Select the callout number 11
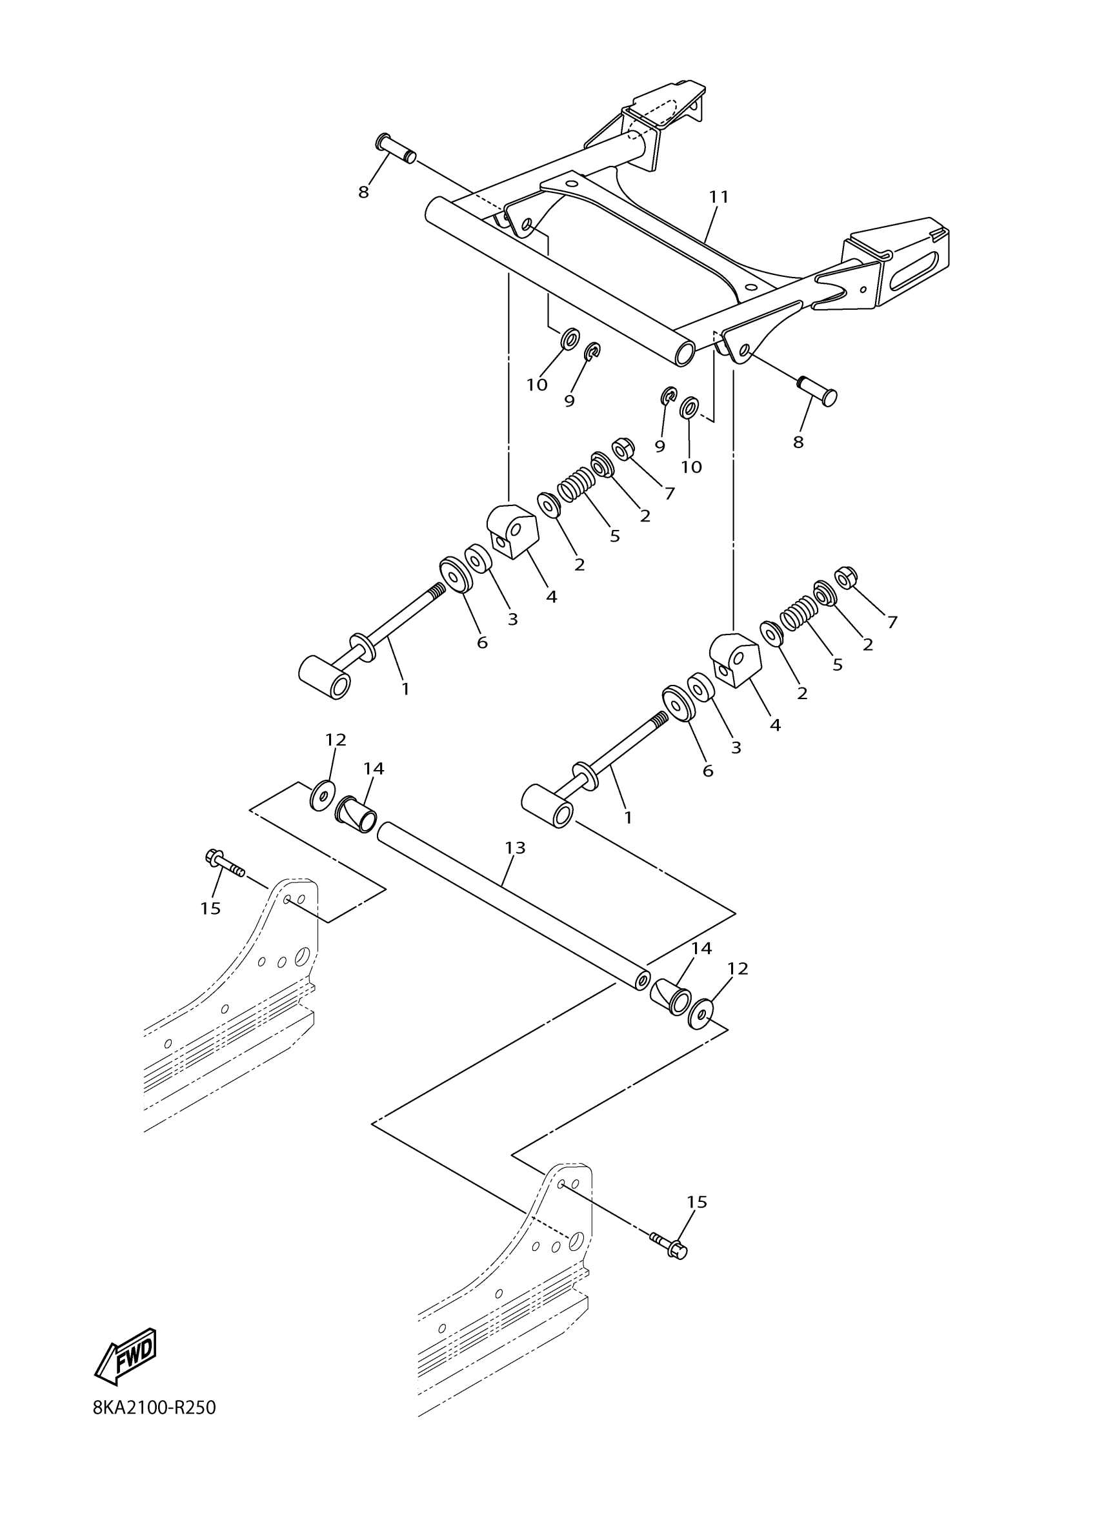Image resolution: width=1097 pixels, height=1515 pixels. [718, 197]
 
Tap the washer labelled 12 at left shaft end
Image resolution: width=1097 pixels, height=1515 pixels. [323, 795]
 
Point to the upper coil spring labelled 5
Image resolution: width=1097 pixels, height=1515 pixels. [575, 483]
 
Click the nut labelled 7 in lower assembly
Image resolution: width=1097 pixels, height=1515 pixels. [846, 578]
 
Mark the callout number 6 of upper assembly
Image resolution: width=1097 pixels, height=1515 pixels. [481, 643]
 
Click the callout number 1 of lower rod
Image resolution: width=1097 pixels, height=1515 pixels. [627, 817]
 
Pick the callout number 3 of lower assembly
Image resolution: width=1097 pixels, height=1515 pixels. [735, 748]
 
